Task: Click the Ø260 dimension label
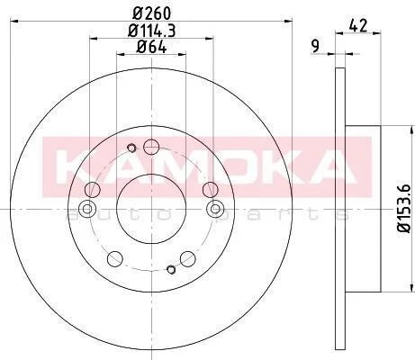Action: tap(151, 13)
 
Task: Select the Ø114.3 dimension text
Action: tap(151, 31)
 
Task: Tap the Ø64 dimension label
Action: tap(151, 47)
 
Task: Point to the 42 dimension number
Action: tap(358, 26)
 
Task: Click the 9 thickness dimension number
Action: tap(315, 47)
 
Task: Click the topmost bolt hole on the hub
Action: tap(151, 147)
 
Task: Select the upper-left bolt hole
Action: tap(93, 189)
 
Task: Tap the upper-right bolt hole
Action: tap(210, 189)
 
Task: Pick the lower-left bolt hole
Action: tap(115, 258)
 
